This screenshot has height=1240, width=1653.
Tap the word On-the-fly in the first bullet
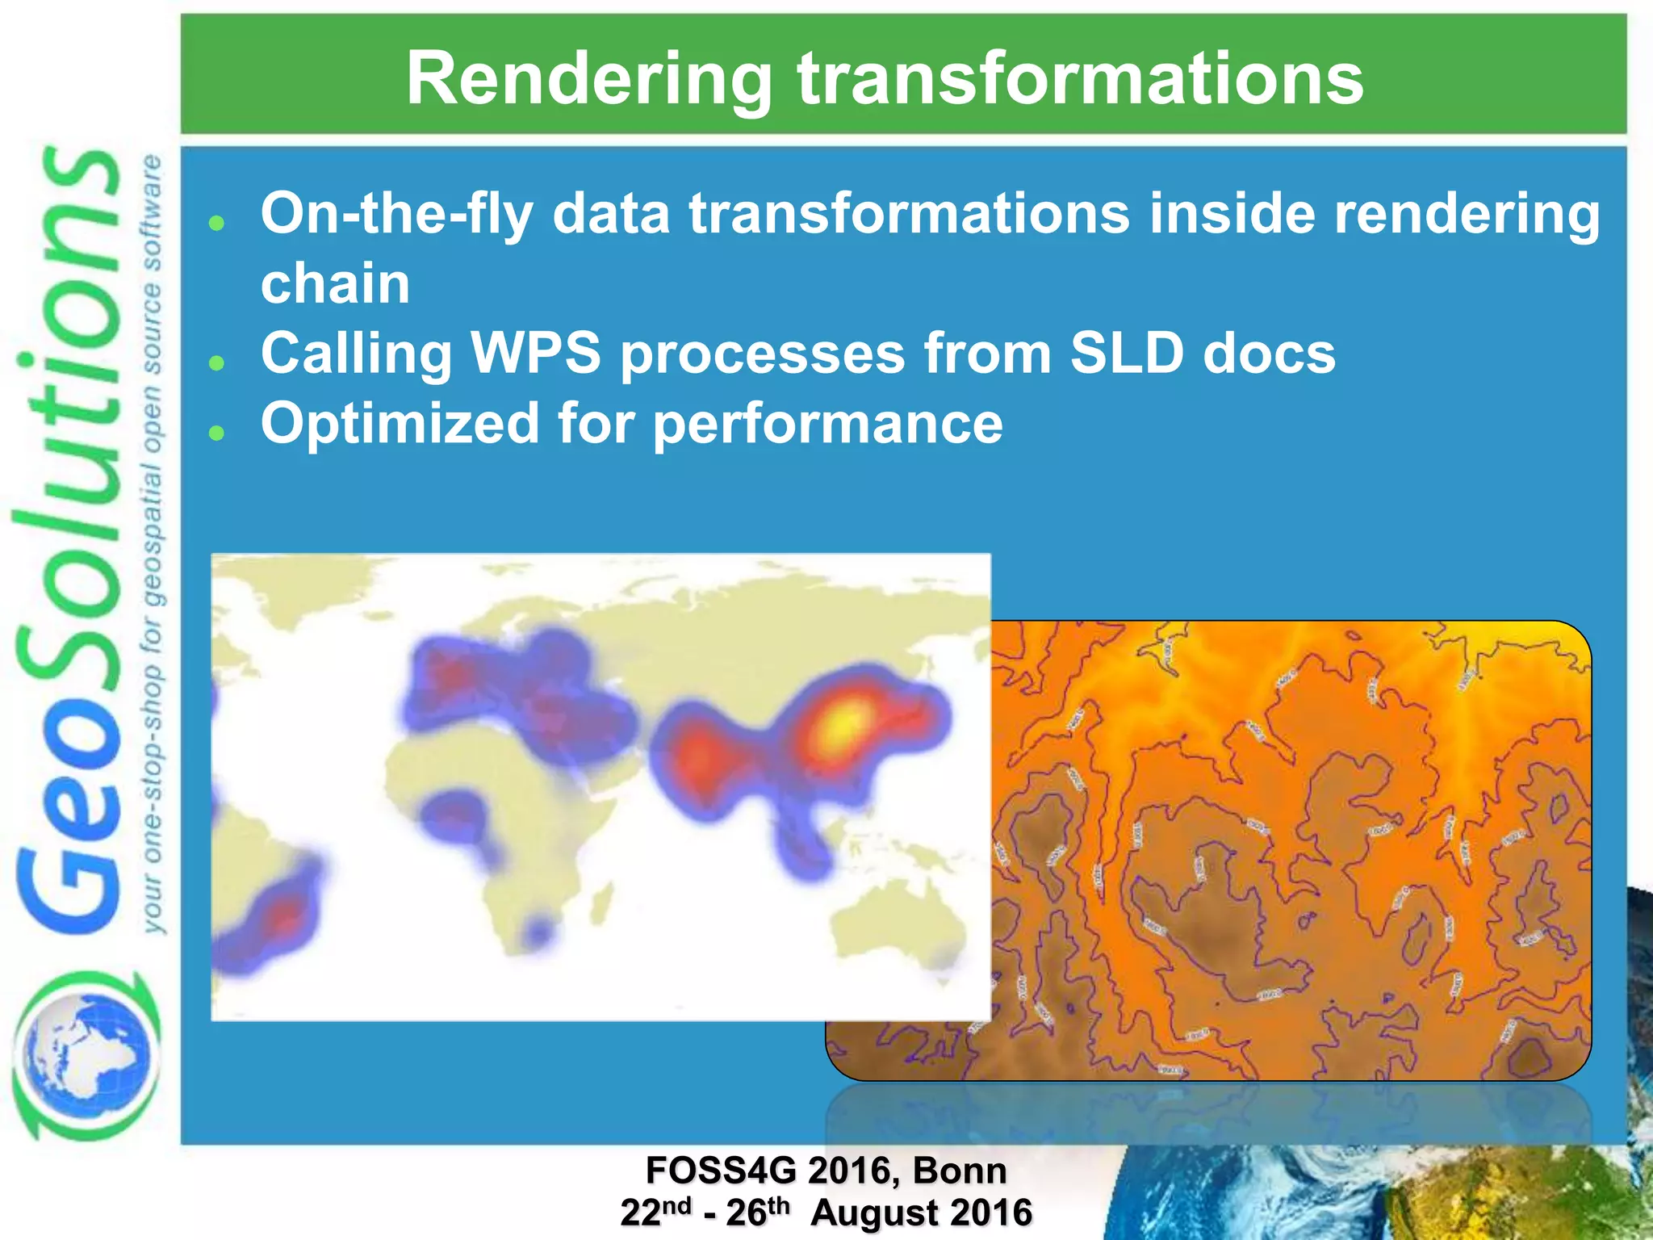tap(396, 215)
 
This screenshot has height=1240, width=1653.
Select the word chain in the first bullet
tap(335, 284)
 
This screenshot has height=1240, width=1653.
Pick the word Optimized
tap(400, 424)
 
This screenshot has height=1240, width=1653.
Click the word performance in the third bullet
tap(827, 424)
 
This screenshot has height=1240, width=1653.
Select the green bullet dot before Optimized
tap(216, 433)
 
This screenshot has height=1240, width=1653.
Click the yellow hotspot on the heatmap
tap(843, 721)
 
